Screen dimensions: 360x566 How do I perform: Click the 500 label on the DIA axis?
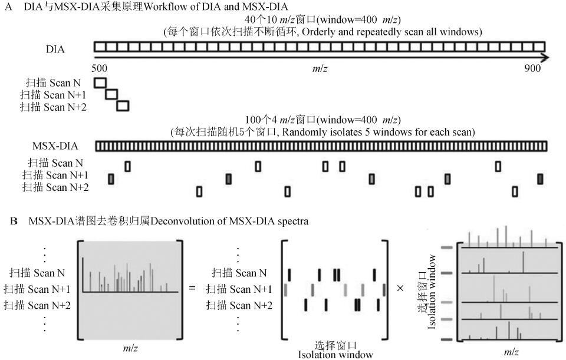click(x=101, y=68)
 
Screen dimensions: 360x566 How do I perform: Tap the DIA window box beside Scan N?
click(x=101, y=82)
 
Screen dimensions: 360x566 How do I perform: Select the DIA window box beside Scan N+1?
click(x=111, y=94)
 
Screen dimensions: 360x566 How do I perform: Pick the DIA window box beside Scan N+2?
click(x=123, y=106)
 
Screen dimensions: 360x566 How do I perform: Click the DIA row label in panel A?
click(x=55, y=49)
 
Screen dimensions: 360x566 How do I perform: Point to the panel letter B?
click(x=14, y=222)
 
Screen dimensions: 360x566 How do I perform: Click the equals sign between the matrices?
click(x=192, y=289)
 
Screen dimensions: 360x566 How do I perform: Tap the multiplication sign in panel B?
click(x=400, y=289)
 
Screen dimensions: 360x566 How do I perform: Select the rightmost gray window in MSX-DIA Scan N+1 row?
click(x=540, y=178)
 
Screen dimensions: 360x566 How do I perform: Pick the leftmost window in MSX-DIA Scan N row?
click(x=127, y=166)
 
